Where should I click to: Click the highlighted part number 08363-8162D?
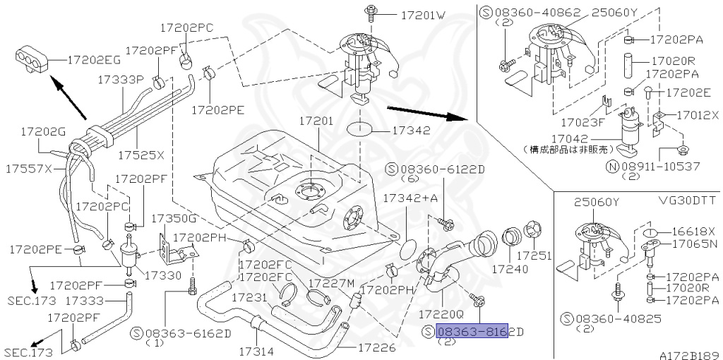tap(472, 332)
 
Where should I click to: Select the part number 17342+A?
tap(410, 200)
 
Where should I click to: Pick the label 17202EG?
tap(94, 61)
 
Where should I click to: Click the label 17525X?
tap(141, 155)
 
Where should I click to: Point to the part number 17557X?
tap(30, 169)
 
